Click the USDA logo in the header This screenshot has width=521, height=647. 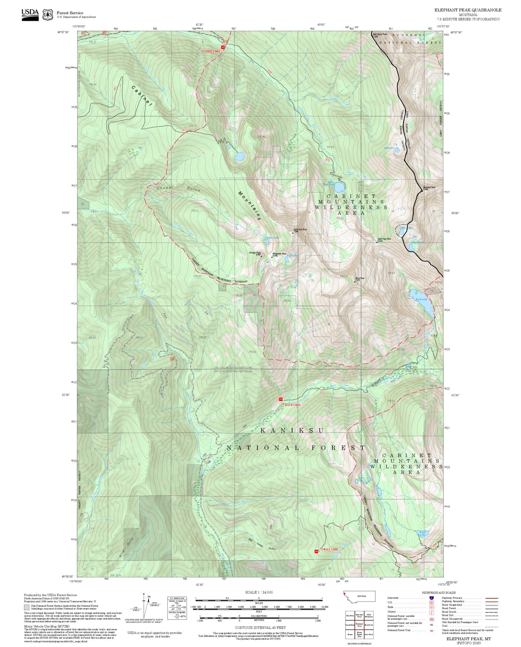pos(30,14)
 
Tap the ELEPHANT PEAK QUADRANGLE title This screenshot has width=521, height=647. pos(468,10)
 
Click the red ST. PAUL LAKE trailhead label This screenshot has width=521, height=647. pos(211,51)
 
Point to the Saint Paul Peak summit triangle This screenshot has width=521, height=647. pos(293,233)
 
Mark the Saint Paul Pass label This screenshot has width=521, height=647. pos(384,239)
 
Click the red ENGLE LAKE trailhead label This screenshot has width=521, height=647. pos(330,549)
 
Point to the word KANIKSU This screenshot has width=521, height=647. pos(292,430)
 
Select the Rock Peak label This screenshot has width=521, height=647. pos(360,278)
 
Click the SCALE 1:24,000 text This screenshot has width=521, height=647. pos(259,592)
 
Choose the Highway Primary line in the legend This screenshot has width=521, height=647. pos(491,598)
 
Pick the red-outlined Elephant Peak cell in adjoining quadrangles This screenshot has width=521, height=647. pos(359,624)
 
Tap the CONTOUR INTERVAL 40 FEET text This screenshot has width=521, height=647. pos(260,628)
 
